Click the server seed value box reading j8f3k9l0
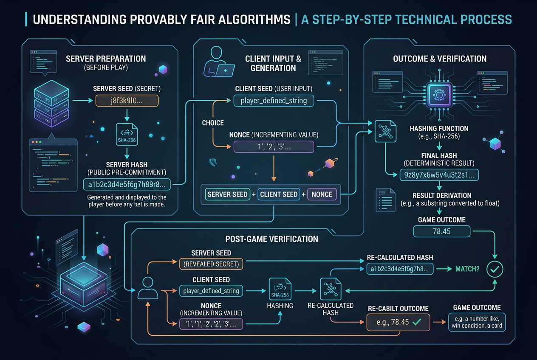(x=127, y=101)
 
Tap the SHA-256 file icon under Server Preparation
(x=127, y=135)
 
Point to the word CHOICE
(x=213, y=123)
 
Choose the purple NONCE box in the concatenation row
(x=322, y=194)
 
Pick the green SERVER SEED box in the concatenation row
(x=227, y=194)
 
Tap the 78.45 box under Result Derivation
(x=441, y=231)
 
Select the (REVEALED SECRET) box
(x=211, y=264)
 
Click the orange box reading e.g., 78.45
(x=398, y=322)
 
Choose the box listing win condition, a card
(x=477, y=322)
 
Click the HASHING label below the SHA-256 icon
(x=280, y=306)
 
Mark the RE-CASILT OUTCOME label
(x=398, y=309)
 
